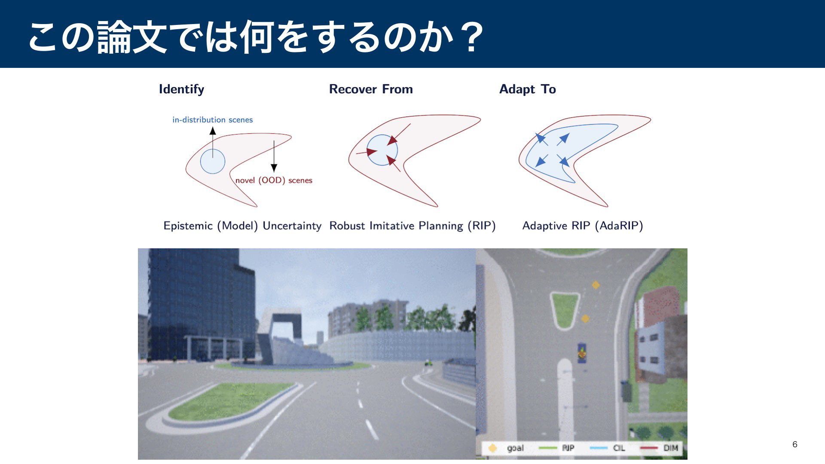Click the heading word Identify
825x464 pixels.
(x=181, y=89)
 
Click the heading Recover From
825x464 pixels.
(x=371, y=89)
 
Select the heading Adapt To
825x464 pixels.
(x=528, y=89)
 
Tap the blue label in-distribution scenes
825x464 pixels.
(x=213, y=120)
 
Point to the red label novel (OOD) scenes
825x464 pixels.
(x=274, y=180)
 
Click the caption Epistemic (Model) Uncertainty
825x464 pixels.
(x=242, y=226)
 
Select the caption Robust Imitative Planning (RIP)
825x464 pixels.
(x=412, y=226)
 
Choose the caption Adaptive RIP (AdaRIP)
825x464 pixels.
(x=583, y=226)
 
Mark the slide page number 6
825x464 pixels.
(x=795, y=444)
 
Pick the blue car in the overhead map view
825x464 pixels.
(x=582, y=353)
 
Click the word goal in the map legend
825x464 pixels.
(x=515, y=448)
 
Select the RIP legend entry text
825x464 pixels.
(x=568, y=448)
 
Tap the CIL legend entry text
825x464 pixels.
(x=619, y=448)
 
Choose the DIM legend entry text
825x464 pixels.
(x=670, y=448)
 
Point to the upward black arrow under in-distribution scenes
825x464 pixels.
(x=213, y=143)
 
